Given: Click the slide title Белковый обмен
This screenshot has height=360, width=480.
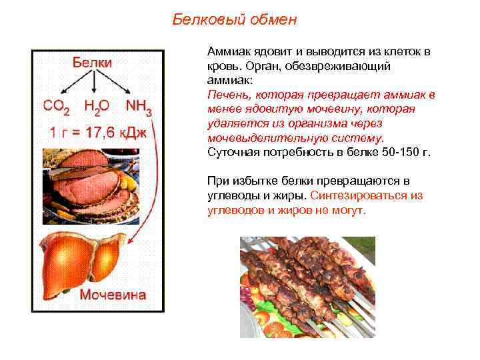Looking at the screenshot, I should point(235,19).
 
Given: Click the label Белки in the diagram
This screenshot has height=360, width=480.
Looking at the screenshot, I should point(92,61).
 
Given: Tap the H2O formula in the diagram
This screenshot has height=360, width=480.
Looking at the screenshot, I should point(97,107).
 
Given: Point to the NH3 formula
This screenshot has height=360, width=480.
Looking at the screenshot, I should point(138,107).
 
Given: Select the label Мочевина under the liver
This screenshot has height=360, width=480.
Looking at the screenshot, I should point(113,295).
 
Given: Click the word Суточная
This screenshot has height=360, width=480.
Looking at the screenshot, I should point(231,152).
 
